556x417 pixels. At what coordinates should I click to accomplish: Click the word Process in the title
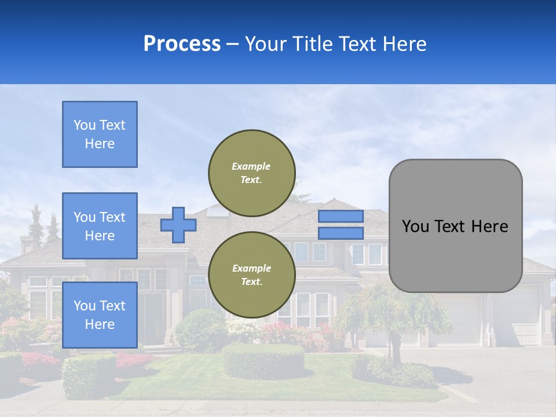click(182, 44)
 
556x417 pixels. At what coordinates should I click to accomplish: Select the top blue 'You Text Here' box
click(100, 134)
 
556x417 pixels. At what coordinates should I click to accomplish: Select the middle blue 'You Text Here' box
click(100, 226)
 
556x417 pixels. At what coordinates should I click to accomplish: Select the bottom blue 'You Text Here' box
click(100, 314)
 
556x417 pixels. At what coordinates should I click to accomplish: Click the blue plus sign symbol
click(178, 225)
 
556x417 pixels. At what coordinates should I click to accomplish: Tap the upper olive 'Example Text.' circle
click(252, 173)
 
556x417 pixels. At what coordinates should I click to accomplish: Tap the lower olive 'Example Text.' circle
click(252, 275)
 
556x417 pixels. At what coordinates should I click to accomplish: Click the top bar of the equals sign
click(341, 216)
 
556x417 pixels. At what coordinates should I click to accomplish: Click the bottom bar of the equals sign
click(341, 233)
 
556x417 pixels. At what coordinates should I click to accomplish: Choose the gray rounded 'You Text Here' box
click(455, 226)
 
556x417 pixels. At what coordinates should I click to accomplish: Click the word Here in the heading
click(403, 44)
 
